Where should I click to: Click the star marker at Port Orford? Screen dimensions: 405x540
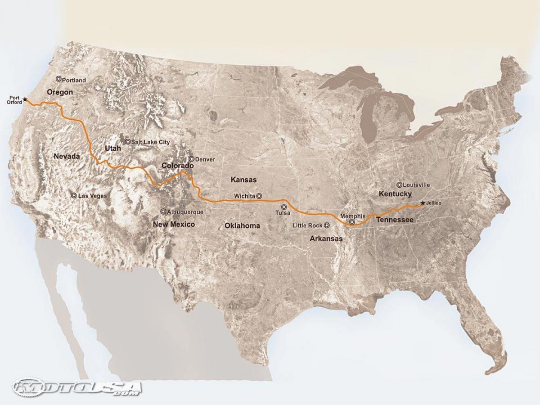25,99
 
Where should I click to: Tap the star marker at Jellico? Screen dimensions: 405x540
422,203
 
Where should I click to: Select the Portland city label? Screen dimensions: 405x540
74,80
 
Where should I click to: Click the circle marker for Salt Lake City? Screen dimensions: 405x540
128,141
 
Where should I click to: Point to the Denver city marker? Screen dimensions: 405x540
191,159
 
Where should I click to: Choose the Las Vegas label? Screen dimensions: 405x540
93,196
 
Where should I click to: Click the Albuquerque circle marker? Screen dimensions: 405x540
163,211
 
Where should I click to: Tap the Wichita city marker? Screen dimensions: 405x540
259,196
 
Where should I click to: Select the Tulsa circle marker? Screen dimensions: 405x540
283,207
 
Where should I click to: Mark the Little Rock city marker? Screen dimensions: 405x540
327,225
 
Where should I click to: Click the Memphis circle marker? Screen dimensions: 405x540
352,222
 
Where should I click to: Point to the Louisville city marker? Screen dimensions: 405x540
399,184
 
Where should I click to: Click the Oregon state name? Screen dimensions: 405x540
60,92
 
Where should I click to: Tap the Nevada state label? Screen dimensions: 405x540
67,156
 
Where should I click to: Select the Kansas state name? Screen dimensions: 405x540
243,180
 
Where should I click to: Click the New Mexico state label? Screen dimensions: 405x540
174,224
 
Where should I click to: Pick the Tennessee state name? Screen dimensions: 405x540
395,220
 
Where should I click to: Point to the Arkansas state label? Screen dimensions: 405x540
326,239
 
